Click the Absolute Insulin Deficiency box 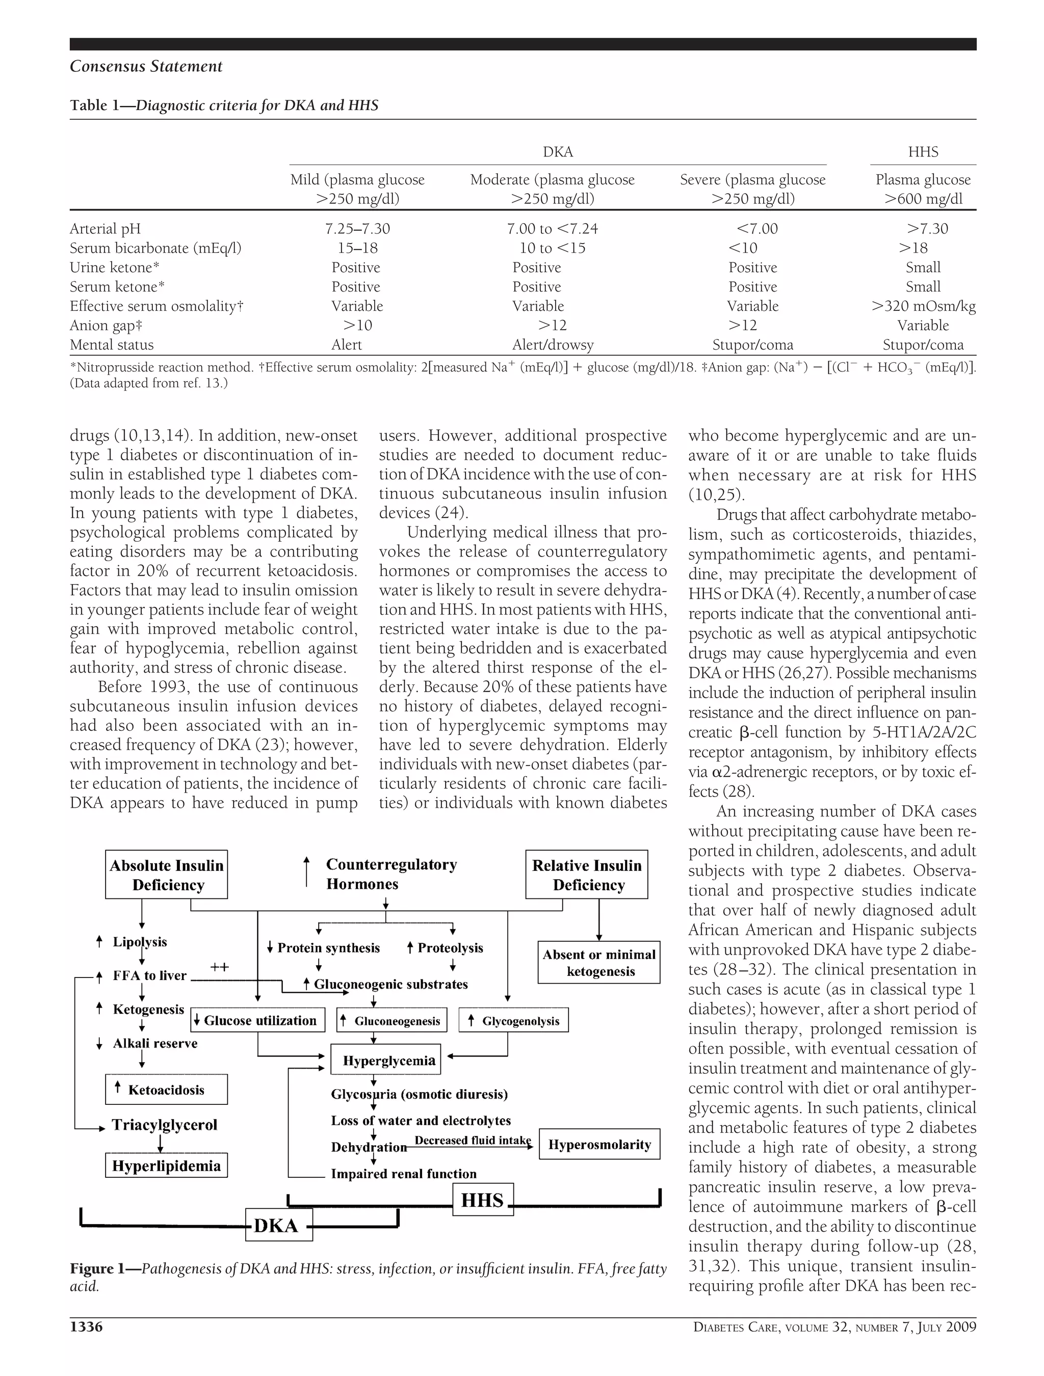point(166,875)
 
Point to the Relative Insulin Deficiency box point(586,875)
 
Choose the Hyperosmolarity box point(598,1145)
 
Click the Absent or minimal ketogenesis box point(598,962)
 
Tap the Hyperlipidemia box point(166,1165)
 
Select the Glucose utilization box point(257,1020)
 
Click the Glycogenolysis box point(513,1020)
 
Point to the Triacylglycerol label point(164,1125)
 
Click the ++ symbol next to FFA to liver point(219,967)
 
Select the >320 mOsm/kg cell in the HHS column point(923,306)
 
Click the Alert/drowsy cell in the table point(553,345)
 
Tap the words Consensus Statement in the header point(146,67)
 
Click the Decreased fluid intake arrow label point(473,1140)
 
